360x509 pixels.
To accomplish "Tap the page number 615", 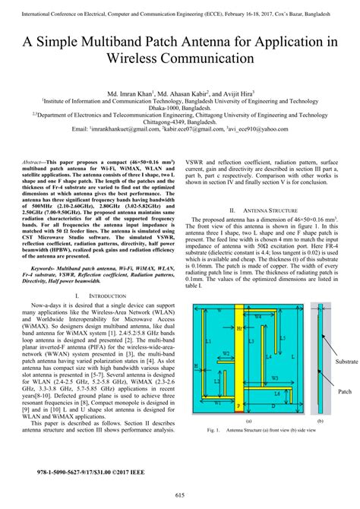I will tap(180, 495).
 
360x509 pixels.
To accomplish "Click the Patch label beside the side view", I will tap(343, 392).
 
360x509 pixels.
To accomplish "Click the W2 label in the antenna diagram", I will tap(226, 354).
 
